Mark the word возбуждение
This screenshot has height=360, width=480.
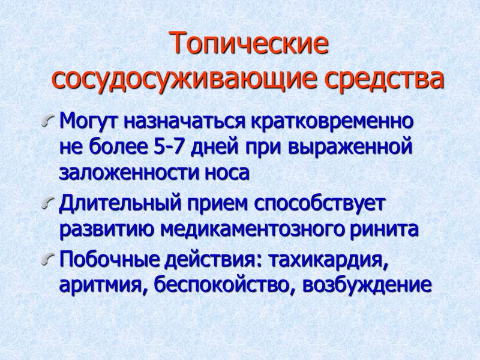(367, 285)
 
